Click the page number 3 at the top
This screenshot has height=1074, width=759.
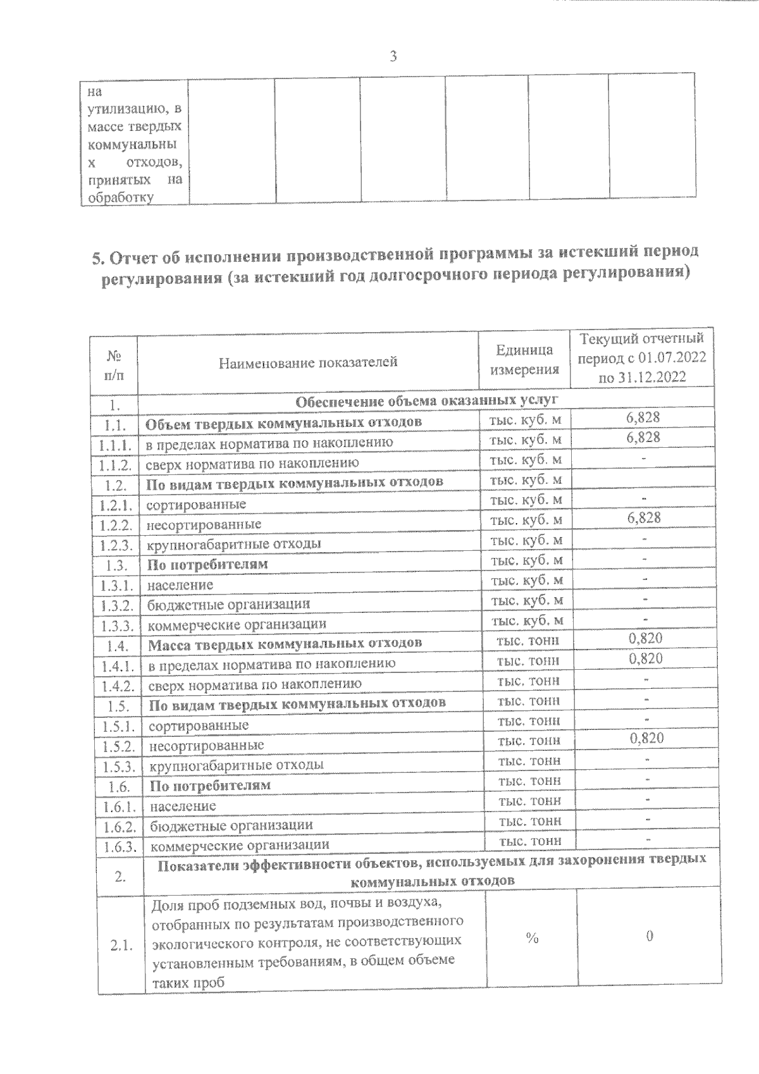(x=393, y=57)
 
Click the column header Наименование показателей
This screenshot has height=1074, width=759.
(x=308, y=362)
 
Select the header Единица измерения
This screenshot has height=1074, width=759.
(x=524, y=359)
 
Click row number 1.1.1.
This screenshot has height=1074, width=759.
(x=114, y=444)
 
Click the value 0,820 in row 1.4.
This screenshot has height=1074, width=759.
(x=646, y=638)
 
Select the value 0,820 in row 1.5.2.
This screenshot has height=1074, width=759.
(x=646, y=738)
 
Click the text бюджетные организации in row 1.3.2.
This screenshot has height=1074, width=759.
(x=228, y=603)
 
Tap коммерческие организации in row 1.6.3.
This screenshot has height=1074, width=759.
(x=240, y=844)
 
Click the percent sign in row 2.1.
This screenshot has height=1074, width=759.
(x=532, y=939)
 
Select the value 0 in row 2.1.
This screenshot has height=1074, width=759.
(x=650, y=937)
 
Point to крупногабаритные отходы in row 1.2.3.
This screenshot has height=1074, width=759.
(x=233, y=543)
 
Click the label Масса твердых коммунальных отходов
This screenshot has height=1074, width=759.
(x=285, y=643)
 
